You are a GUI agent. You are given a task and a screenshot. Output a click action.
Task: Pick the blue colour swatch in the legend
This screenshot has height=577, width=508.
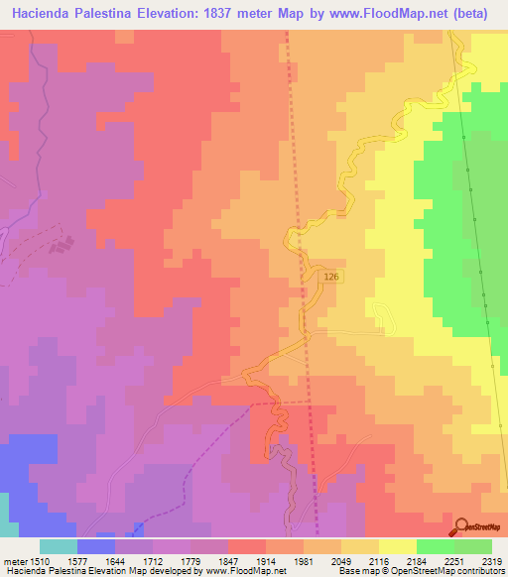(x=95, y=546)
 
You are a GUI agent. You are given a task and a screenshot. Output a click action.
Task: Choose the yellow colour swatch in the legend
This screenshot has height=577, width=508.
(x=398, y=546)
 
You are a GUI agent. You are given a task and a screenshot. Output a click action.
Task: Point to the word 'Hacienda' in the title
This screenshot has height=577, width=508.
(x=46, y=12)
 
